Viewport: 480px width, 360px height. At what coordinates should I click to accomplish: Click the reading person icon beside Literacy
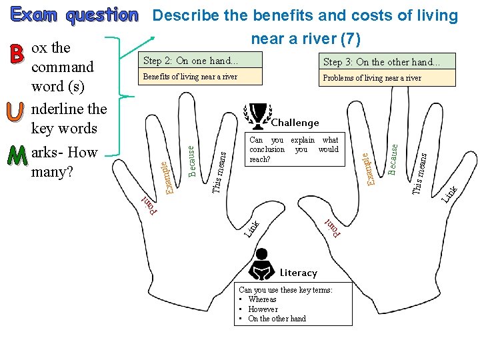263,265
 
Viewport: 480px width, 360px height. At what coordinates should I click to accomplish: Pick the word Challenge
295,123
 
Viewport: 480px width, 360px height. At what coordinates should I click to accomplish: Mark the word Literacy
299,273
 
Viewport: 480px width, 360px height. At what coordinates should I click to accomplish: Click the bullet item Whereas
262,299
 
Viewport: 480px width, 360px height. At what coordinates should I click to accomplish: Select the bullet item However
263,309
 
